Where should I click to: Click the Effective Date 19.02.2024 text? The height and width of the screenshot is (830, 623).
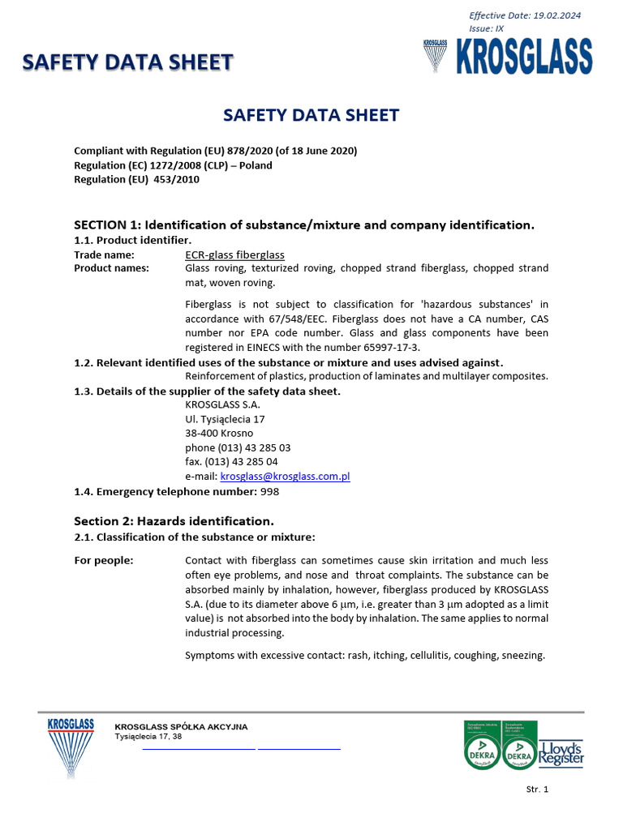click(525, 15)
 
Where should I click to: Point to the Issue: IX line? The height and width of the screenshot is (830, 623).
click(486, 28)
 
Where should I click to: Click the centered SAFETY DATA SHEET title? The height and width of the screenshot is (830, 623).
click(311, 115)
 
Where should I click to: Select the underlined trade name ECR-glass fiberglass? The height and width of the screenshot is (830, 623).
click(234, 255)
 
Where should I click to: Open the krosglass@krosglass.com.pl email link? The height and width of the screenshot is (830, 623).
click(285, 477)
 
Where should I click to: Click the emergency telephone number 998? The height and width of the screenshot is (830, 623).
click(270, 491)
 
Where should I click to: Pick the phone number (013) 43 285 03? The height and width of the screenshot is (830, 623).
click(238, 447)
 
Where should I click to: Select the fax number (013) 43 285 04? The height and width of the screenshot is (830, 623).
click(231, 462)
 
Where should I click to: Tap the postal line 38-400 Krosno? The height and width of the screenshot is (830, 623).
click(219, 434)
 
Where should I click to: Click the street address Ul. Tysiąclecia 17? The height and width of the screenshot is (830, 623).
click(225, 419)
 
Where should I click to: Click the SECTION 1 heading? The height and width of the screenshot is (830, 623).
click(304, 225)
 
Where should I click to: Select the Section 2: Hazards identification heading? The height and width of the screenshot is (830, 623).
click(174, 520)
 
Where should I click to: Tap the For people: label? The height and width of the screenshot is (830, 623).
click(104, 560)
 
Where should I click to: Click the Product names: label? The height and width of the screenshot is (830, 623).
click(111, 268)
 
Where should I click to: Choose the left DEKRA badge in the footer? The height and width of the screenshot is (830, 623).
click(482, 745)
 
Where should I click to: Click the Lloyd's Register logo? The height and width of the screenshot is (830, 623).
click(561, 752)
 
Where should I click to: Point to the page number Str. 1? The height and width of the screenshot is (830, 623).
click(537, 789)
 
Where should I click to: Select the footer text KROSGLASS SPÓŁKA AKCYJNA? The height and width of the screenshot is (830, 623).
click(181, 726)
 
